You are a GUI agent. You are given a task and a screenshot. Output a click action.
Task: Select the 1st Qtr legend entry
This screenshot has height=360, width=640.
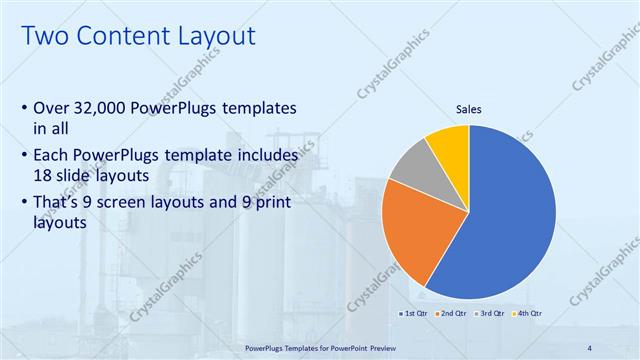click(x=415, y=314)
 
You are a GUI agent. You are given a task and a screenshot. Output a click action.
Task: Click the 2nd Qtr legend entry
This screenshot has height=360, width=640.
click(x=452, y=314)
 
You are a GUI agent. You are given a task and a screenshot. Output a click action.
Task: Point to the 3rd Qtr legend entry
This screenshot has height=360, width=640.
click(x=490, y=314)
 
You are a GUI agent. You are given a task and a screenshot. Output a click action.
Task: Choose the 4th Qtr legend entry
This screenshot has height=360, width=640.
click(x=527, y=314)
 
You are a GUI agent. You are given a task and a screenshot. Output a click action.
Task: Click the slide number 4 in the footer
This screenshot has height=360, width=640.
click(x=590, y=347)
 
